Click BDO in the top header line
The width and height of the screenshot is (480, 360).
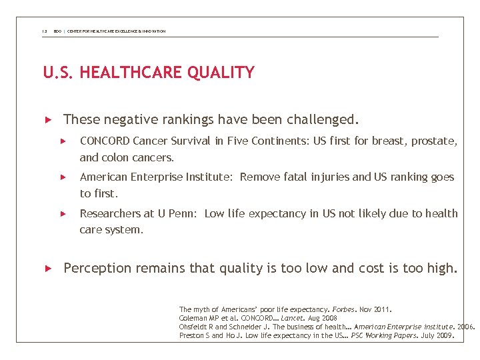coord(57,31)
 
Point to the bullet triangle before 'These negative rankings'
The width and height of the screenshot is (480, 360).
coord(47,120)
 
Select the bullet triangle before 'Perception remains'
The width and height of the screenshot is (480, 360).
coord(47,269)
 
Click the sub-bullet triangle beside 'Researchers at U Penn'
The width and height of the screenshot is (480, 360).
coord(64,214)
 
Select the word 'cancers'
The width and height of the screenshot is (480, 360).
coord(153,158)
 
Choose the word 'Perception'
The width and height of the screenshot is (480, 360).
coord(97,269)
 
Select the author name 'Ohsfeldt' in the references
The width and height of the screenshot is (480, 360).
coord(195,327)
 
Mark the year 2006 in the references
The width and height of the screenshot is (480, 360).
coord(466,327)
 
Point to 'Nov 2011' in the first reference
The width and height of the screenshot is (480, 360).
coord(376,310)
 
